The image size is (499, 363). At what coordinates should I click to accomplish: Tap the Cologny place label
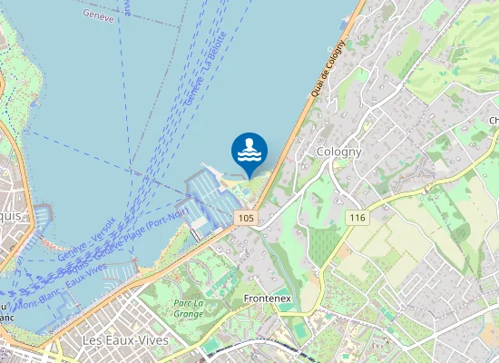pyautogui.click(x=339, y=152)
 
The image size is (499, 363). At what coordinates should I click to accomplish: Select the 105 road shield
pyautogui.click(x=247, y=218)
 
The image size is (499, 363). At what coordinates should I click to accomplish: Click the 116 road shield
pyautogui.click(x=357, y=218)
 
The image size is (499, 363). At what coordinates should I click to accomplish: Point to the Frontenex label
pyautogui.click(x=267, y=298)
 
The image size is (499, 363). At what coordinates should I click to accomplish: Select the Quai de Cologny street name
pyautogui.click(x=328, y=69)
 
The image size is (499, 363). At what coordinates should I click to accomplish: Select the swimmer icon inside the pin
pyautogui.click(x=249, y=149)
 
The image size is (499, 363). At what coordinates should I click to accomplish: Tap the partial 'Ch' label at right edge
pyautogui.click(x=494, y=121)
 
